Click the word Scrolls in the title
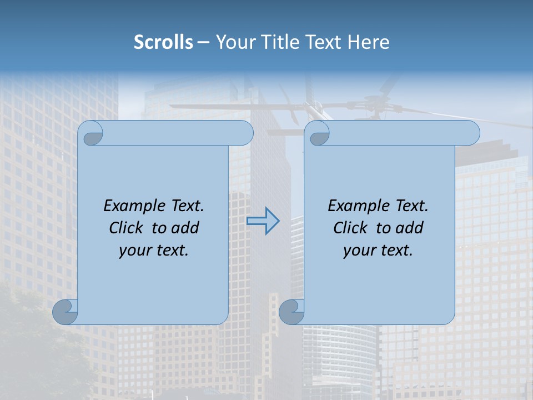(x=164, y=42)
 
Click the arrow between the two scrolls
(x=263, y=221)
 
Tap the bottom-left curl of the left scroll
(x=66, y=312)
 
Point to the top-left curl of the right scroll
(x=318, y=133)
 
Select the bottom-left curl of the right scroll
(x=291, y=312)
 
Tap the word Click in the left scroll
(x=126, y=228)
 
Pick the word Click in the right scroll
(x=350, y=228)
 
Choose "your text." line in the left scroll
(x=154, y=250)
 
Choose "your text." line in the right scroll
(x=378, y=250)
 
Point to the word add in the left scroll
(x=186, y=228)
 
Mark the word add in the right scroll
(x=410, y=228)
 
